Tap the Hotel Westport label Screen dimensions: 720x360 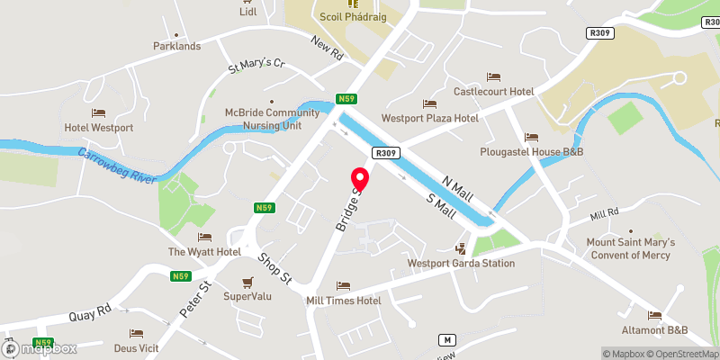tap(99, 128)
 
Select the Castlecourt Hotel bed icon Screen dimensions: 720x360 tap(493, 77)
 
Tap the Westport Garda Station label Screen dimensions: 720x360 tap(461, 263)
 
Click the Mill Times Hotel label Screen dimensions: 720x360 tap(344, 301)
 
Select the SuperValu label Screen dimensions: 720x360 tap(247, 295)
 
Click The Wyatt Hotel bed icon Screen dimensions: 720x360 tap(204, 237)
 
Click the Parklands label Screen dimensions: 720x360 tap(176, 46)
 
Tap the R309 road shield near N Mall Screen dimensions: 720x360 tap(387, 153)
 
